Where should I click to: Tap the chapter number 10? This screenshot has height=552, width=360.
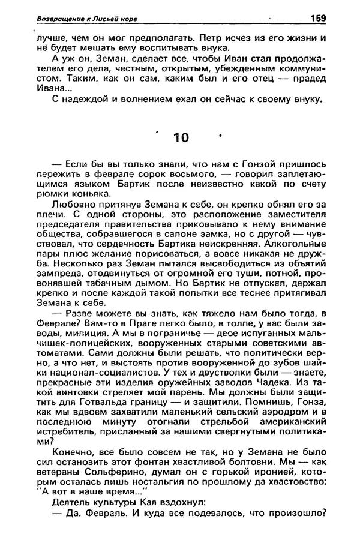coord(180,137)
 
